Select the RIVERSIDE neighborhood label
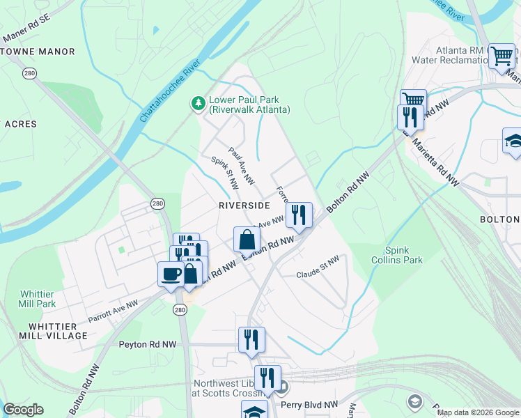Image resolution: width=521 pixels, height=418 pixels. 244,206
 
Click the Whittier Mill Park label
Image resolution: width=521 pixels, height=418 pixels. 36,299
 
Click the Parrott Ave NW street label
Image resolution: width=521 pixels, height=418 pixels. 113,311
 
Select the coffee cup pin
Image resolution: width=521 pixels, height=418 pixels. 171,274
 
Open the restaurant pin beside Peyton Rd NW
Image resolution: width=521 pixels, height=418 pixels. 251,339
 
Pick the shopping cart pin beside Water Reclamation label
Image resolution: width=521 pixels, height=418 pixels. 501,56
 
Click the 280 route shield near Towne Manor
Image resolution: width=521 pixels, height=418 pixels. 29,73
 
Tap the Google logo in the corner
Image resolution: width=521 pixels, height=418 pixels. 23,410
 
